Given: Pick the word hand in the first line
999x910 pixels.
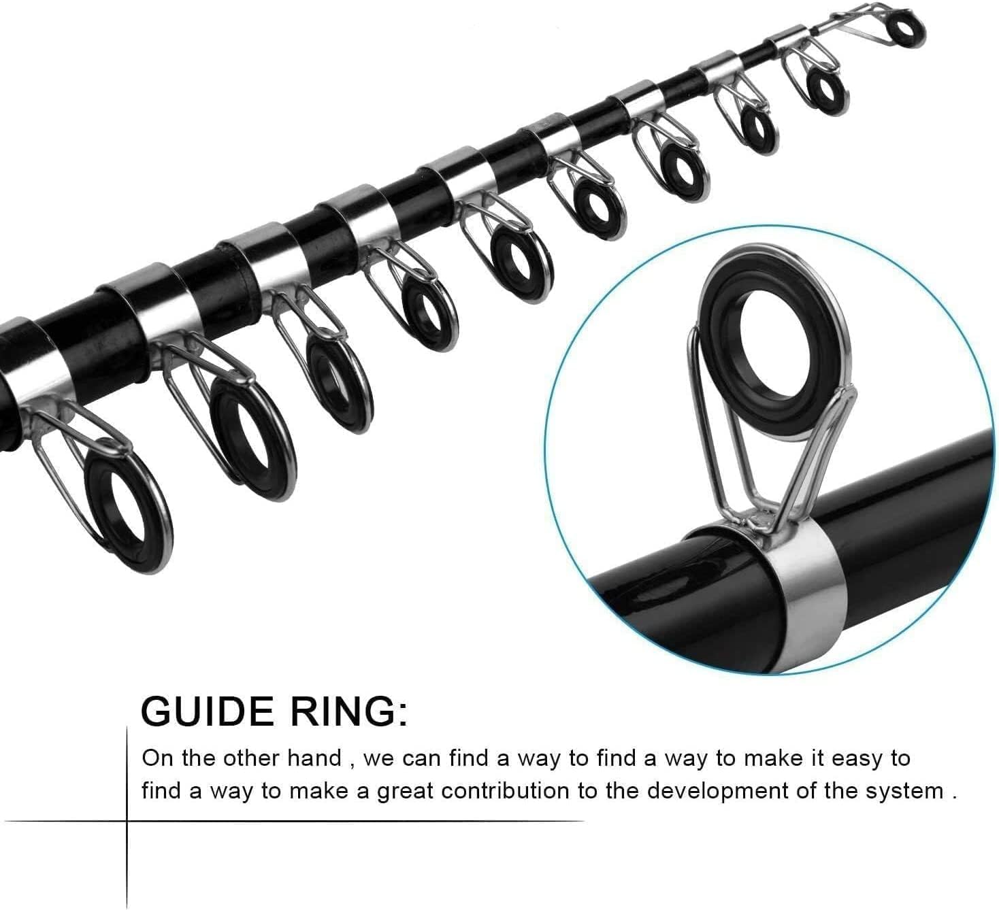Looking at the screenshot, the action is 315,758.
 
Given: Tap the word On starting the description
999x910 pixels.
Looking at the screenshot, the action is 157,758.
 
